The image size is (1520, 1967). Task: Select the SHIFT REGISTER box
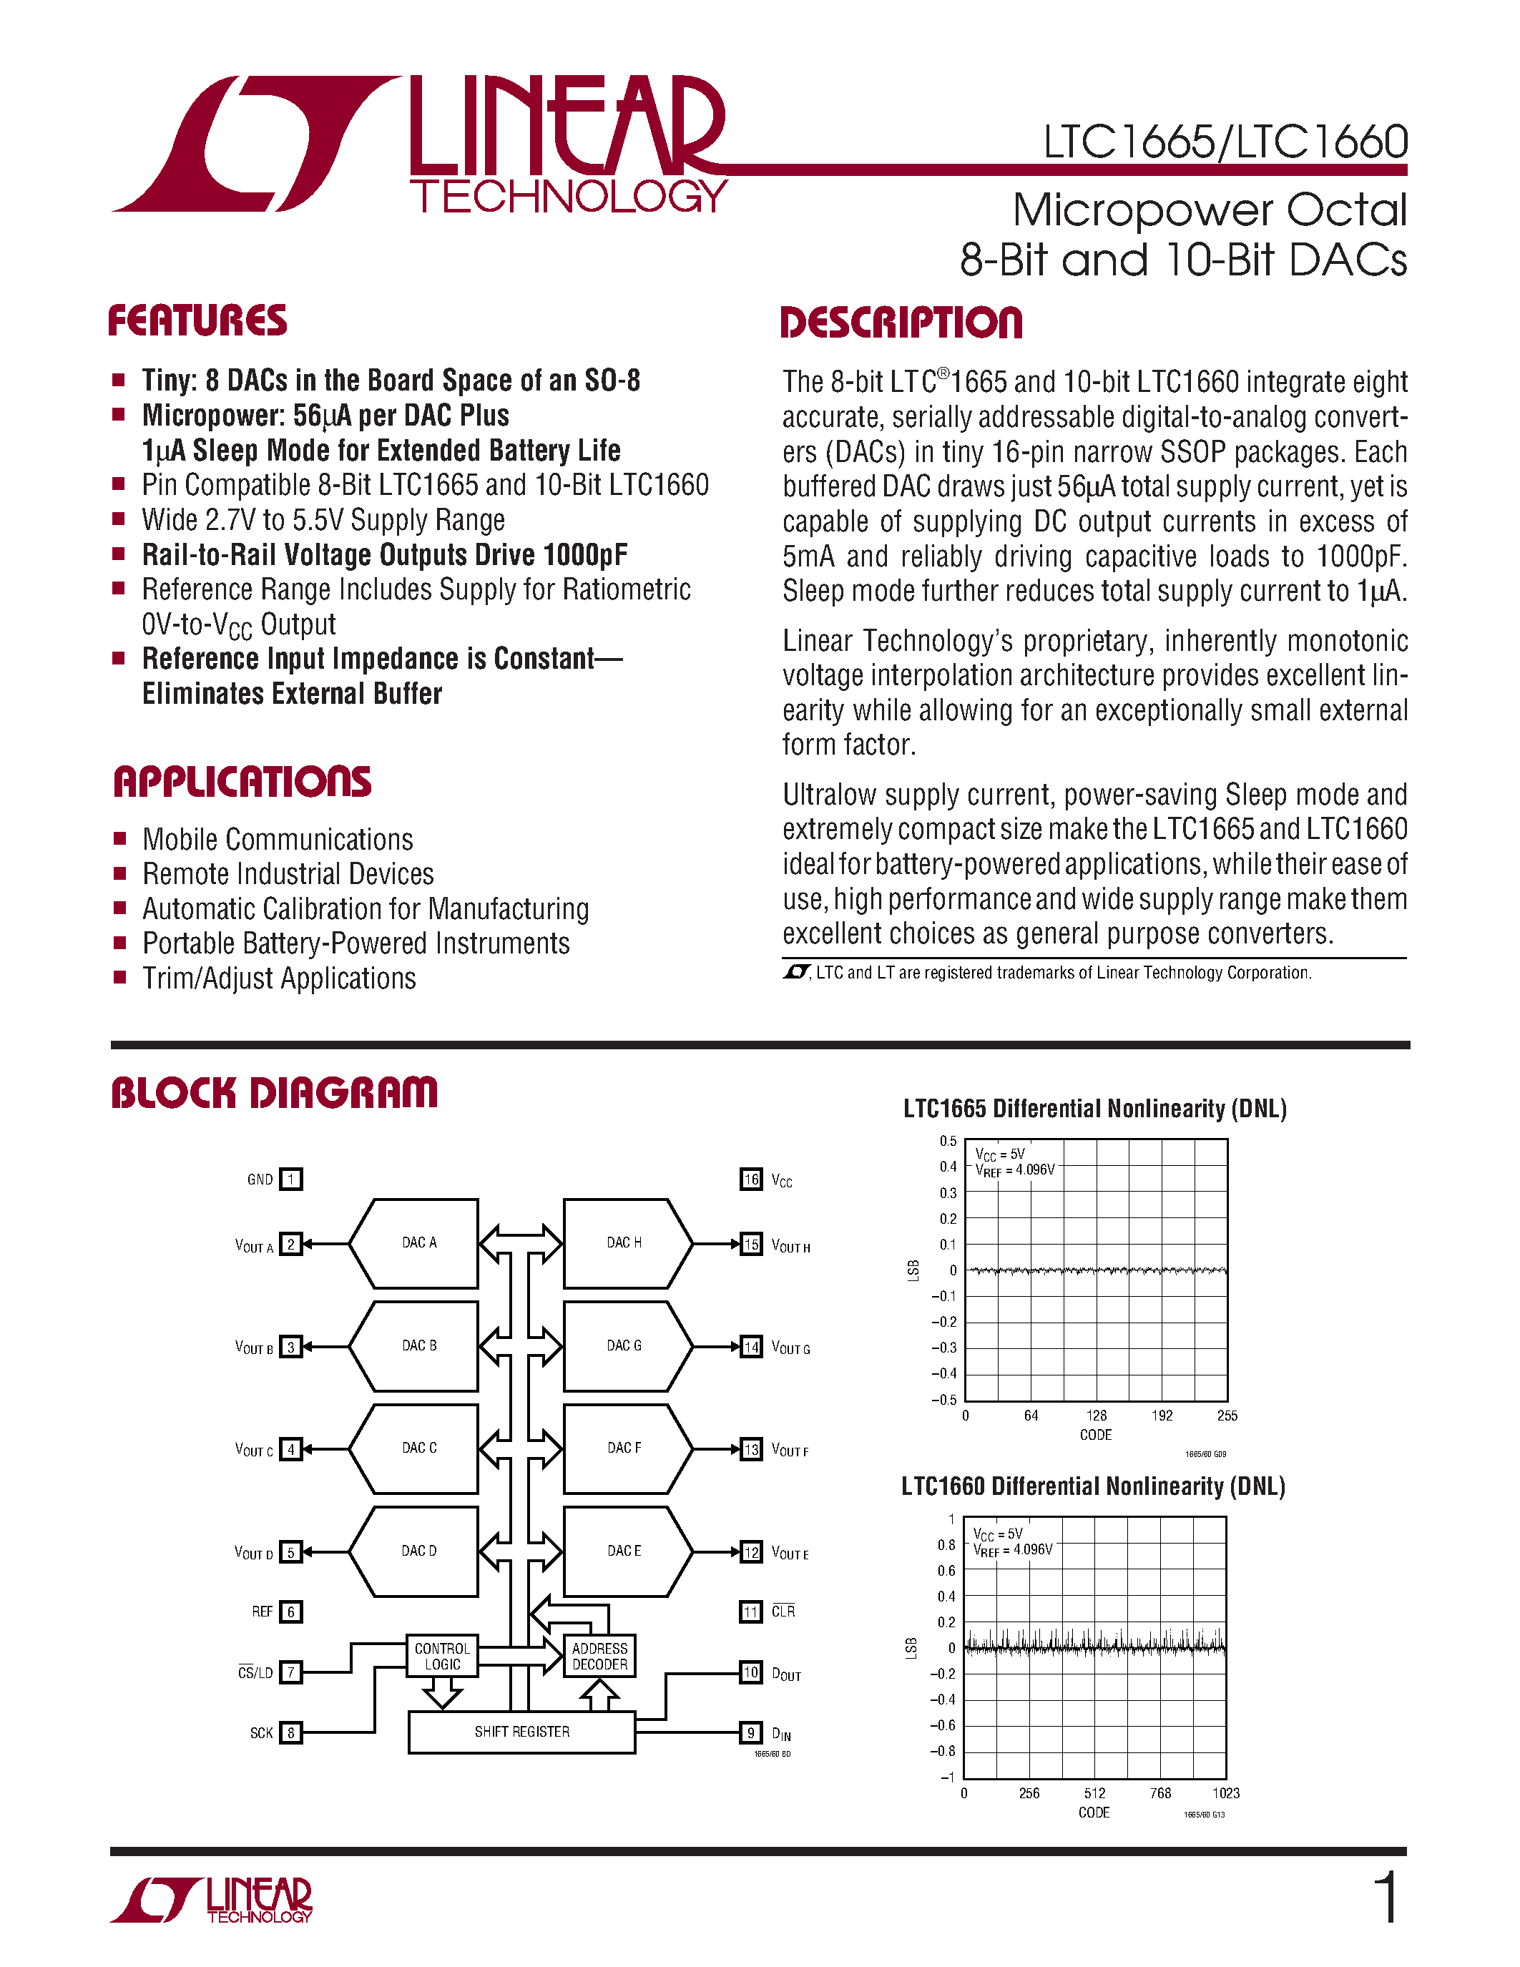[x=521, y=1731]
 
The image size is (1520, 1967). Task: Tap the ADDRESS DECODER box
[x=599, y=1655]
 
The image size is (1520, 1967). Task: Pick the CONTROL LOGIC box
[x=441, y=1655]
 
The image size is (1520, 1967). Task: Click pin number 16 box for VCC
[x=751, y=1179]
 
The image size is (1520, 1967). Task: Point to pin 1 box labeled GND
[x=291, y=1179]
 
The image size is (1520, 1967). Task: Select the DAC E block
[x=623, y=1551]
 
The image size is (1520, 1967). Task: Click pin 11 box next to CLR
[x=751, y=1612]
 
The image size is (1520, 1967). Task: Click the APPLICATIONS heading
[x=242, y=782]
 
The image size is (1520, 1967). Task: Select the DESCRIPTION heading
[x=901, y=323]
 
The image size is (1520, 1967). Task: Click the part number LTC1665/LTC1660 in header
[x=1225, y=142]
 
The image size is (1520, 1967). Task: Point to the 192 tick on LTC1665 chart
[x=1162, y=1416]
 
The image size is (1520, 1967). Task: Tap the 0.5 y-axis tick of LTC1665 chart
[x=948, y=1141]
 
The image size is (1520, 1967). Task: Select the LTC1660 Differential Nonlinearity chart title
[x=1093, y=1486]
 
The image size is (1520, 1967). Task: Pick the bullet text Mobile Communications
[x=278, y=840]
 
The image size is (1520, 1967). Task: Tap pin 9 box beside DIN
[x=751, y=1732]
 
